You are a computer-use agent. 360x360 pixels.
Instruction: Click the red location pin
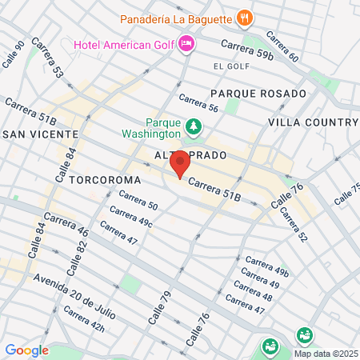tap(180, 164)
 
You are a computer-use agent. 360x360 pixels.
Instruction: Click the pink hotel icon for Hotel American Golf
tap(186, 43)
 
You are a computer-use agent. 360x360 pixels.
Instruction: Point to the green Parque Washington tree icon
tap(193, 126)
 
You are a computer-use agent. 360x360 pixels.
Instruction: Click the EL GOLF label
tap(227, 66)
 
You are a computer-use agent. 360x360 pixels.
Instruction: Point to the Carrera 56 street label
tap(198, 102)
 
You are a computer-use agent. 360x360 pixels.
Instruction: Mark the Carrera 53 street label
tap(48, 59)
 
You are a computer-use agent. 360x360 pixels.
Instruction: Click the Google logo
tap(26, 350)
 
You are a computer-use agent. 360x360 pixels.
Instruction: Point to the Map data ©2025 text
tap(325, 354)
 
